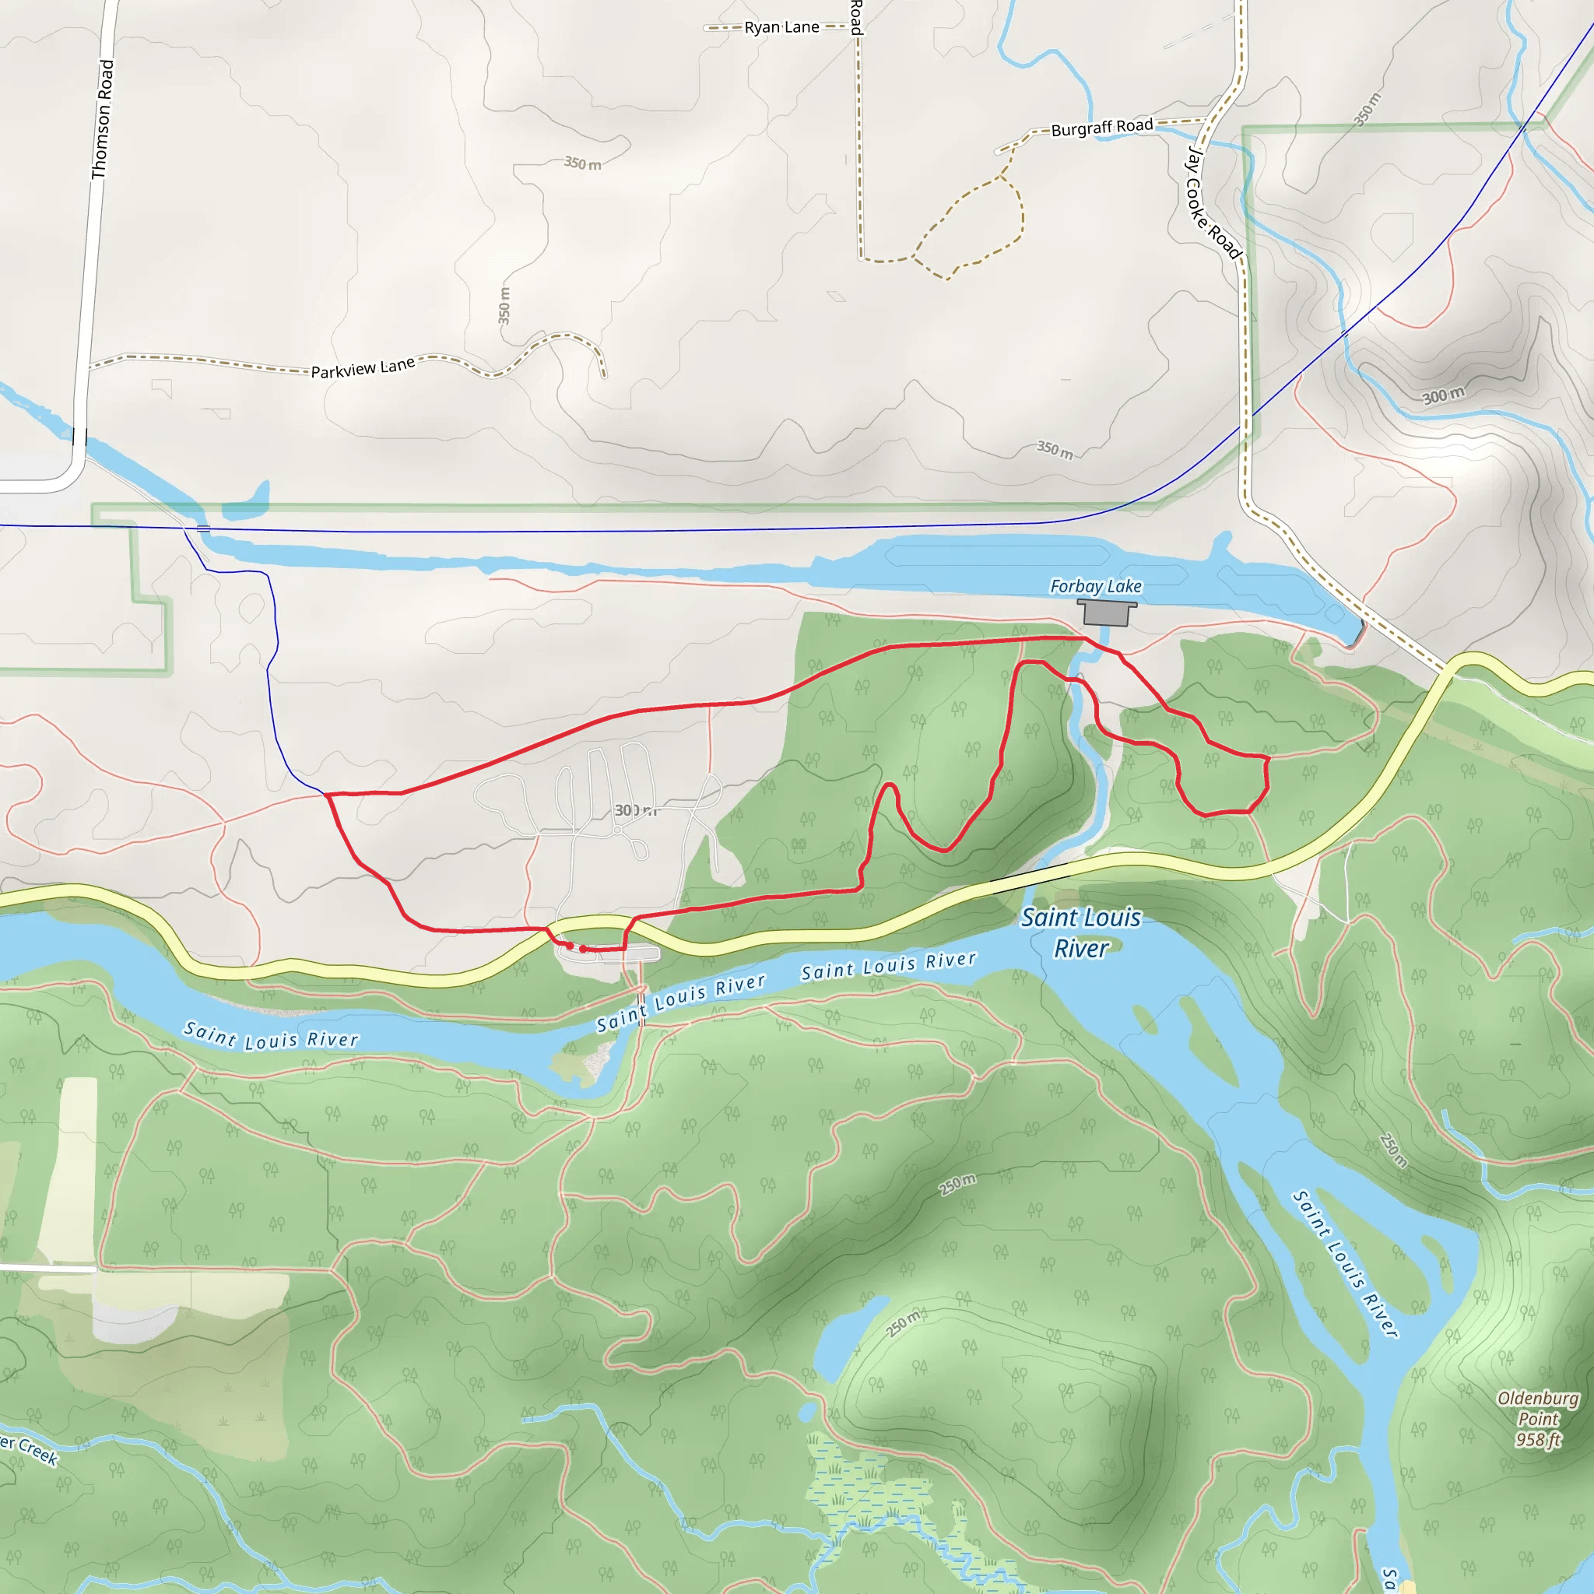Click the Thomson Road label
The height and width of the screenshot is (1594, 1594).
pyautogui.click(x=102, y=119)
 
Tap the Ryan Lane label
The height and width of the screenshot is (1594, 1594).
pyautogui.click(x=781, y=27)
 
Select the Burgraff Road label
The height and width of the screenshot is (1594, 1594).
pyautogui.click(x=1101, y=127)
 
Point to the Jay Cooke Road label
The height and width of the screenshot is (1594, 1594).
pyautogui.click(x=1212, y=203)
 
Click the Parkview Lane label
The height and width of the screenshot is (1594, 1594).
pyautogui.click(x=362, y=367)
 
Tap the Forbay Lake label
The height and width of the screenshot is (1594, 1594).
pyautogui.click(x=1095, y=586)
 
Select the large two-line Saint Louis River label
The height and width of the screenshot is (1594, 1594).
pyautogui.click(x=1081, y=932)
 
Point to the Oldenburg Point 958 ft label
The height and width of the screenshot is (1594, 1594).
pyautogui.click(x=1538, y=1419)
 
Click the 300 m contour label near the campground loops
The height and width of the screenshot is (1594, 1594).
pyautogui.click(x=635, y=810)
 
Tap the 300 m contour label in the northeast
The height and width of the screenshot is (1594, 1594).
pyautogui.click(x=1443, y=395)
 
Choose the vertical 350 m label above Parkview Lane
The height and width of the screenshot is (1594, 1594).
pyautogui.click(x=504, y=305)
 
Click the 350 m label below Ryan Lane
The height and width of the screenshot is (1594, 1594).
pyautogui.click(x=582, y=163)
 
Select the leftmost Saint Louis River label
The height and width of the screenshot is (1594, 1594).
pyautogui.click(x=271, y=1035)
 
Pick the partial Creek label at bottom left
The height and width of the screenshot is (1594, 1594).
pyautogui.click(x=29, y=1451)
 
